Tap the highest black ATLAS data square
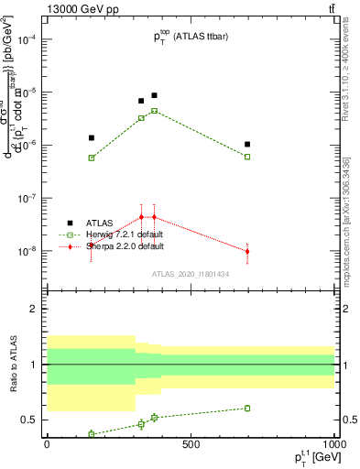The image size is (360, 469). [x=154, y=95]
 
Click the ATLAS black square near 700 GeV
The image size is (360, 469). [x=247, y=144]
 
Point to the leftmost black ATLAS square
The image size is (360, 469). [x=91, y=137]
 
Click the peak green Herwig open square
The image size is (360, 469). [x=154, y=111]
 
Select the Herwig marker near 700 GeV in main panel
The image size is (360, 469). [x=247, y=157]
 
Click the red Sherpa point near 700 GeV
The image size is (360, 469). [x=247, y=251]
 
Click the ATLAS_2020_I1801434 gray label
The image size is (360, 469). [x=191, y=274]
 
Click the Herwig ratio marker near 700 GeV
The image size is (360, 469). [x=247, y=409]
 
